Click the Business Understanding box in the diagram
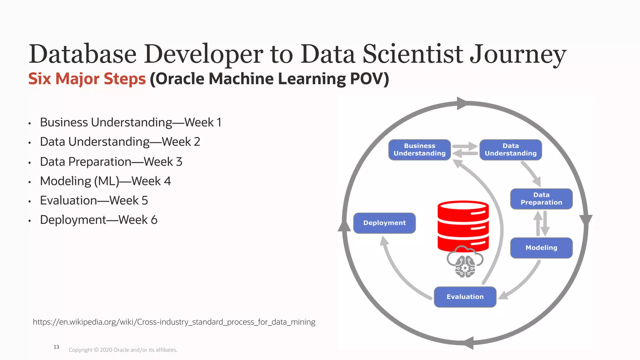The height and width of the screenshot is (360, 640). click(x=419, y=150)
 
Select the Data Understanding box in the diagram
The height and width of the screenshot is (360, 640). click(x=510, y=150)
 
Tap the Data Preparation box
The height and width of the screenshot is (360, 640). click(x=541, y=199)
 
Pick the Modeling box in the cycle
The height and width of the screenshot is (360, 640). click(x=541, y=248)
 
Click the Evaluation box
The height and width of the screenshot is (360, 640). click(x=465, y=297)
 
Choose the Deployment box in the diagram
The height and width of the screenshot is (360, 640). click(x=384, y=223)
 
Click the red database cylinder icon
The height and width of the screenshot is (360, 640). click(x=463, y=226)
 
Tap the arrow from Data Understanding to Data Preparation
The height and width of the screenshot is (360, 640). click(x=531, y=173)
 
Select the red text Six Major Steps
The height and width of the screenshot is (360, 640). click(x=87, y=79)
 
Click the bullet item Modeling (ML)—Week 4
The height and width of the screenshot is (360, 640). click(x=105, y=181)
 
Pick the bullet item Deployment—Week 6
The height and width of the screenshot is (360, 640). click(x=98, y=220)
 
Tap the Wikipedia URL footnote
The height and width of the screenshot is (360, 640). click(x=174, y=322)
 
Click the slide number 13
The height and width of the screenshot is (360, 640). click(x=56, y=347)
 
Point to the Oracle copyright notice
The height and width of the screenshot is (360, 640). click(x=123, y=350)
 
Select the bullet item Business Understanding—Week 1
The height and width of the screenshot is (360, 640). click(x=131, y=122)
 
